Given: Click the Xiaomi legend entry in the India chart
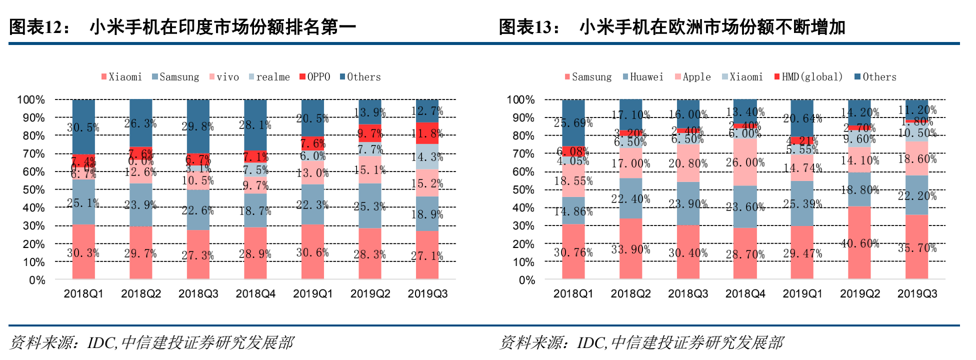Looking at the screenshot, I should pos(121,77).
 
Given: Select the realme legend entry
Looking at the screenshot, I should pos(269,77).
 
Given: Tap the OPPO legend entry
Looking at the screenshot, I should pos(315,77).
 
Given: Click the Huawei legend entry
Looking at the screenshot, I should pos(643,77).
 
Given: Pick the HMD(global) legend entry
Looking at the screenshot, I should pos(808,77).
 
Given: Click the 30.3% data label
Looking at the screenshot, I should pos(83,253).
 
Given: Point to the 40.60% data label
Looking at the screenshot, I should pos(859,243).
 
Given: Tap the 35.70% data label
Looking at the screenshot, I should pos(917,248).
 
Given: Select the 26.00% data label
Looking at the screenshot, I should pos(745,162).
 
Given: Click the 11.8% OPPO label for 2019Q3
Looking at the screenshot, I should pos(427,133).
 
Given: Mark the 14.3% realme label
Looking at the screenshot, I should pos(427,157).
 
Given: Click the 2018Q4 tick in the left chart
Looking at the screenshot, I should pos(255,294).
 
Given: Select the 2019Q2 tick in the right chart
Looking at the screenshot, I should pos(859,294).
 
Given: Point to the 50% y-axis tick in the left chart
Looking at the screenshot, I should pos(33,190).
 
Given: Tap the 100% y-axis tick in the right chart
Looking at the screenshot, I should pos(520,100).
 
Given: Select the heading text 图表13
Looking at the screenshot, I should pos(529,27).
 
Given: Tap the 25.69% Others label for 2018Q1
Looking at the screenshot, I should pos(573,123).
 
